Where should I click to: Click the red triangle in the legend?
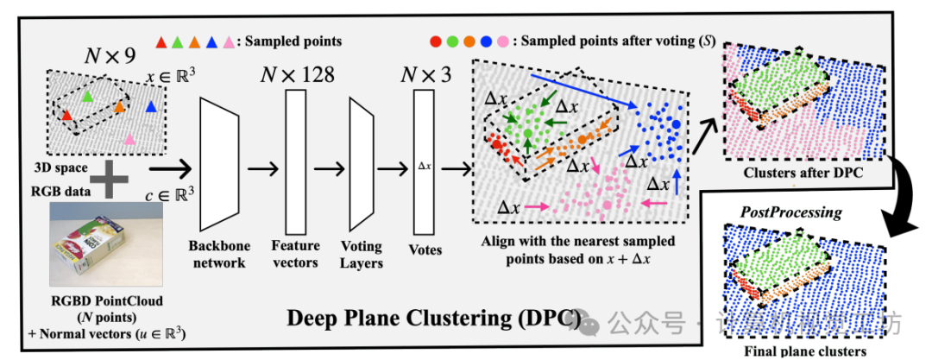(x=161, y=41)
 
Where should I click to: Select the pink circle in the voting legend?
(x=503, y=41)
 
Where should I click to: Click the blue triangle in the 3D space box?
(x=151, y=107)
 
